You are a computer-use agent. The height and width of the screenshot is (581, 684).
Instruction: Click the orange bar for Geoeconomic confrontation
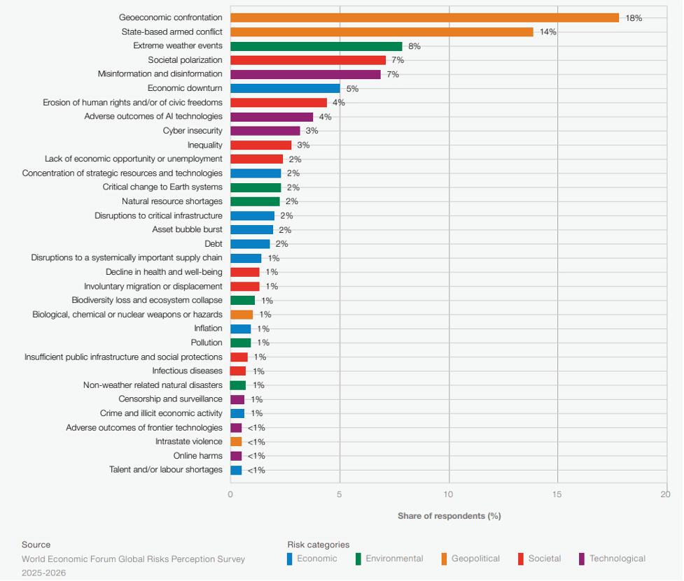[424, 17]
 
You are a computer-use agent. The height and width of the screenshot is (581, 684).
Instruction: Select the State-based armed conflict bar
[382, 32]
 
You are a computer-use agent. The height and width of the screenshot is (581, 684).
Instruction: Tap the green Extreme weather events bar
[316, 46]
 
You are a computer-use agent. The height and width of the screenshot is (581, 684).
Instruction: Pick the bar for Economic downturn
[285, 88]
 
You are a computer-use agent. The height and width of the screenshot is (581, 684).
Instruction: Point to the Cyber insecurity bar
[265, 131]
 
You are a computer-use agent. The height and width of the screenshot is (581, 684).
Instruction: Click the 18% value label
[634, 18]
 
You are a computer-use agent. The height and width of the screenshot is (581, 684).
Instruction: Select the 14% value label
[547, 32]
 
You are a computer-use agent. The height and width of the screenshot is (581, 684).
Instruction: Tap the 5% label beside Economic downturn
[352, 89]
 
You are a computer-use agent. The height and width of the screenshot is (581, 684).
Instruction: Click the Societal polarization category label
[185, 60]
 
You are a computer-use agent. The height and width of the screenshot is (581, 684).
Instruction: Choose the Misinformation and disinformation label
[160, 74]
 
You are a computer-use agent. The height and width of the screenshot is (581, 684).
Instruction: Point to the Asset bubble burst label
[187, 229]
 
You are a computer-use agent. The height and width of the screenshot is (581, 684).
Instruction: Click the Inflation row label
[208, 329]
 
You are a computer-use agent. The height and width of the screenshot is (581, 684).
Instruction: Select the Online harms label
[197, 456]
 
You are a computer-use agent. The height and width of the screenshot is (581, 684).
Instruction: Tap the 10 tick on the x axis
[449, 494]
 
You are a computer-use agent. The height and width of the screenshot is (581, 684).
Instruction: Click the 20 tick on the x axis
[665, 494]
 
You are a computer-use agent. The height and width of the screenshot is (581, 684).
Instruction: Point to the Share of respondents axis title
[449, 516]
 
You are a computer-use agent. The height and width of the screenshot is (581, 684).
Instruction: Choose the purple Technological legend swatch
[582, 559]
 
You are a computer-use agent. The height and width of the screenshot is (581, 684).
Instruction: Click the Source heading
[36, 545]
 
